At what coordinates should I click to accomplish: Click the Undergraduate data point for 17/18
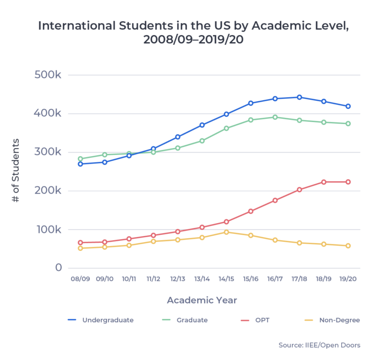point(299,97)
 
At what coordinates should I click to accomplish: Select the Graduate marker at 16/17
point(275,117)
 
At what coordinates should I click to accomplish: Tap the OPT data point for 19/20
point(348,182)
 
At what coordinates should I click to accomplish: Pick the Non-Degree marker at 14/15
point(226,232)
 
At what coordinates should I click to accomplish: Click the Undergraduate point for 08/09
point(80,164)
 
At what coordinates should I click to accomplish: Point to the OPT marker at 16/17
point(275,200)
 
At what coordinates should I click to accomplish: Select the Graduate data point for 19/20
point(348,123)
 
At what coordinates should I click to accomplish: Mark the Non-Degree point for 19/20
point(348,246)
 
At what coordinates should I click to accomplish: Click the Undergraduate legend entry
point(101,320)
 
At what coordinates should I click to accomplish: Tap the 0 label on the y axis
point(58,268)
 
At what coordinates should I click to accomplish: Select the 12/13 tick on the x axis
point(177,278)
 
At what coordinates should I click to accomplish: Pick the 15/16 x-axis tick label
point(250,278)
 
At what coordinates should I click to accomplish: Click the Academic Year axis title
point(202,300)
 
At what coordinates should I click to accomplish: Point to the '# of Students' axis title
point(16,171)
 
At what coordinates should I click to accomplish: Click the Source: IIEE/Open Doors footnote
point(319,345)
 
